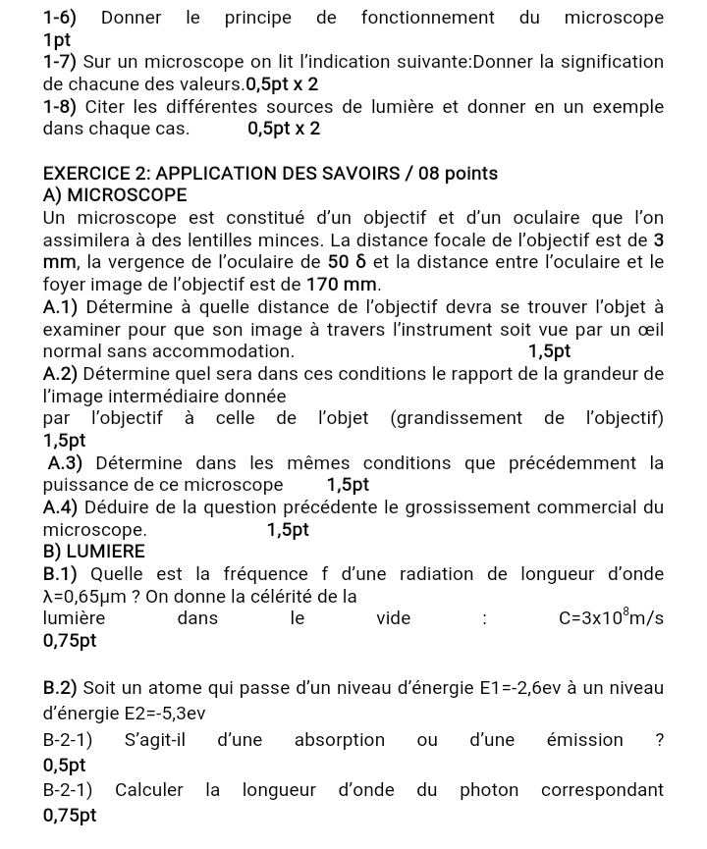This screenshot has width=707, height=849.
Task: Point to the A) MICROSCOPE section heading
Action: [x=115, y=195]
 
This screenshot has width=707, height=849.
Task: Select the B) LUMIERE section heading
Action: [x=94, y=552]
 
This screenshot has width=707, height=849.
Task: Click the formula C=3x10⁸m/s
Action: [x=611, y=617]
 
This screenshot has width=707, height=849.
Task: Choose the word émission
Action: [x=584, y=740]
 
